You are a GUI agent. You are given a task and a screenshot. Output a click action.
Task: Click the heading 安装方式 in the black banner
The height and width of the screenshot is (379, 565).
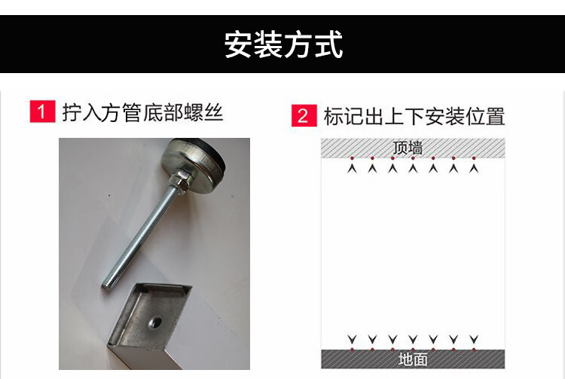click(x=283, y=44)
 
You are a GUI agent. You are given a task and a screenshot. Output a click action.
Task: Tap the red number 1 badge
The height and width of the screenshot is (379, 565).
click(x=42, y=112)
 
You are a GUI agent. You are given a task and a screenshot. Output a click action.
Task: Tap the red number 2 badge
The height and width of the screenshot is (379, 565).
click(x=304, y=115)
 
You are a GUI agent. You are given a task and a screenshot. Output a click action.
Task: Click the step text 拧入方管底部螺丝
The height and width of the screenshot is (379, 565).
click(x=142, y=112)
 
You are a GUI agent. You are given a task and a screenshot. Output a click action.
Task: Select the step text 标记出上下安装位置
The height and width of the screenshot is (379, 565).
click(x=414, y=116)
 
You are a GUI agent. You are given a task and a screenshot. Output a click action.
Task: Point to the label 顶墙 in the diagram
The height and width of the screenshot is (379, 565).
click(x=408, y=148)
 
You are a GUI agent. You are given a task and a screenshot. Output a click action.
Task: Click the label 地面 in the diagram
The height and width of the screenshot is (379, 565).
click(x=413, y=359)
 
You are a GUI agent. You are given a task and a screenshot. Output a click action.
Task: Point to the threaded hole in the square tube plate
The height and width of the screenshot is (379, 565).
click(x=156, y=321)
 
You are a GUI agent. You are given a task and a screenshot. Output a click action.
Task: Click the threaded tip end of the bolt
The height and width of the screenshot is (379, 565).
click(x=107, y=287)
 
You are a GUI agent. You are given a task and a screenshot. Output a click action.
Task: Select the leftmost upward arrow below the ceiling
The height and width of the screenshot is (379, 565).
click(x=352, y=168)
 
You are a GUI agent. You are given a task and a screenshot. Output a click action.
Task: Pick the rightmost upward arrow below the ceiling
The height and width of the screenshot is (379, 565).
click(x=474, y=168)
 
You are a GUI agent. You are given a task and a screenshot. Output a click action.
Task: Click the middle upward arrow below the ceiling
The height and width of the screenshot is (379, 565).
click(x=413, y=168)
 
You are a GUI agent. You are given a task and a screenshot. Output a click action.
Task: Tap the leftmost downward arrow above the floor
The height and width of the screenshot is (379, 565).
click(x=352, y=339)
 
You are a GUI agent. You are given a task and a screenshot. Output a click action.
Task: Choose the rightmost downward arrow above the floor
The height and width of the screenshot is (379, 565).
click(x=474, y=339)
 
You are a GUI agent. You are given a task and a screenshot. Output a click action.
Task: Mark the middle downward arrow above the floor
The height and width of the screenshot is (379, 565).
click(x=413, y=339)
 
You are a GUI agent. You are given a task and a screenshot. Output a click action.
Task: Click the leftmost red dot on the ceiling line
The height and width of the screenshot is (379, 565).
click(x=352, y=157)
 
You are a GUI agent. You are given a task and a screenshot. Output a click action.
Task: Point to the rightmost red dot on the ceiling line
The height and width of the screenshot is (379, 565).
click(x=474, y=157)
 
